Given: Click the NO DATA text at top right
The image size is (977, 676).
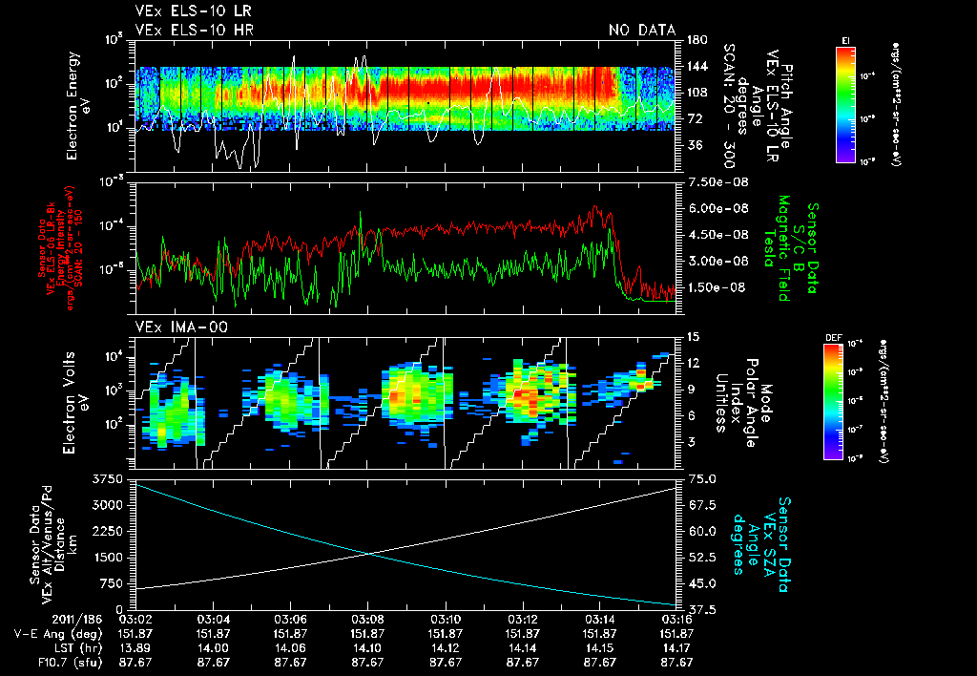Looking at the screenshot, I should [641, 31].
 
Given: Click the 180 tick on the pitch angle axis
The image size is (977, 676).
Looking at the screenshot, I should [694, 40].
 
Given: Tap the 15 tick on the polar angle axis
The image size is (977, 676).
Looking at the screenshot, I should [691, 336].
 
